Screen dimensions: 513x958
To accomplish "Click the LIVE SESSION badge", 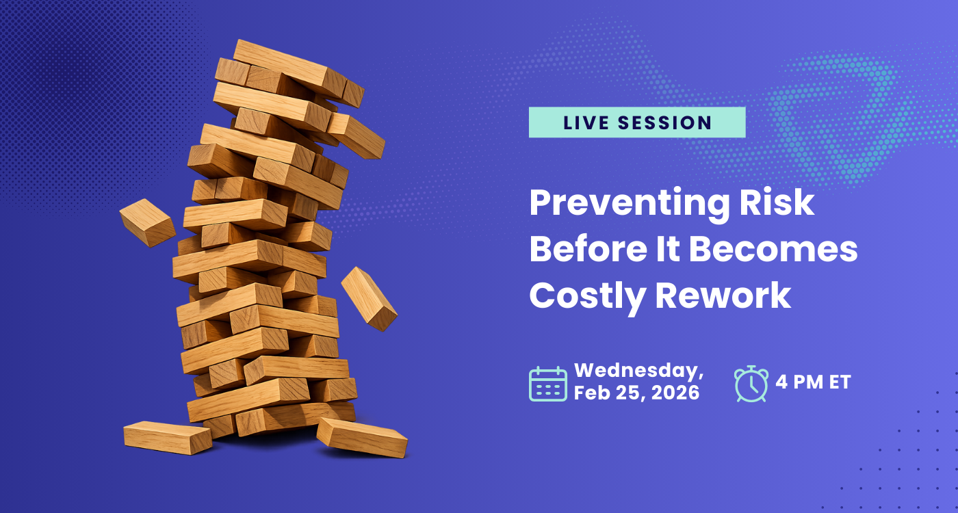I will [x=636, y=122].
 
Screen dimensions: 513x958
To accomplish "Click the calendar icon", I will [x=547, y=384].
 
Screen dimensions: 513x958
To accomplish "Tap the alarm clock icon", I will [x=751, y=383].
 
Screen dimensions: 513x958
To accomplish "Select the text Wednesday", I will [x=638, y=371].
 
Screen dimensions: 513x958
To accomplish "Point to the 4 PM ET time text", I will [x=813, y=382].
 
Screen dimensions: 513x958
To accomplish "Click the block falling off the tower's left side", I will [x=147, y=222].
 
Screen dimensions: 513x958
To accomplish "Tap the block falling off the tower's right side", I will [x=369, y=298].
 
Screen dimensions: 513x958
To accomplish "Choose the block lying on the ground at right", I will [x=362, y=437].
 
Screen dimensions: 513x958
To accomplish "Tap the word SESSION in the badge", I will [x=664, y=123].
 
